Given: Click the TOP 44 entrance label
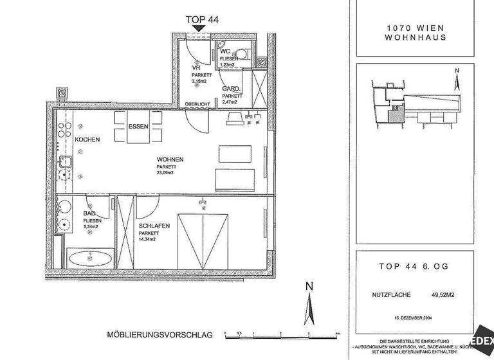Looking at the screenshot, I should pos(202,19).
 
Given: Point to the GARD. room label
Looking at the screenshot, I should pos(231,89).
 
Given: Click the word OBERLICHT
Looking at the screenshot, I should pos(196,104).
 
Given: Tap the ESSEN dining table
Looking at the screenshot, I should pos(138,127).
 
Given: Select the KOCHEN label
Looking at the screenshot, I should pos(87,139).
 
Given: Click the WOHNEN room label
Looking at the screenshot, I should pos(170,159).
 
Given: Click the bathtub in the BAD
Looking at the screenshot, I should pos(91,260).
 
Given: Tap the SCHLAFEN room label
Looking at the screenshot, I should pos(154,226).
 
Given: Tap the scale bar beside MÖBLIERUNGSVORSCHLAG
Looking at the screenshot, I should pos(282,334).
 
